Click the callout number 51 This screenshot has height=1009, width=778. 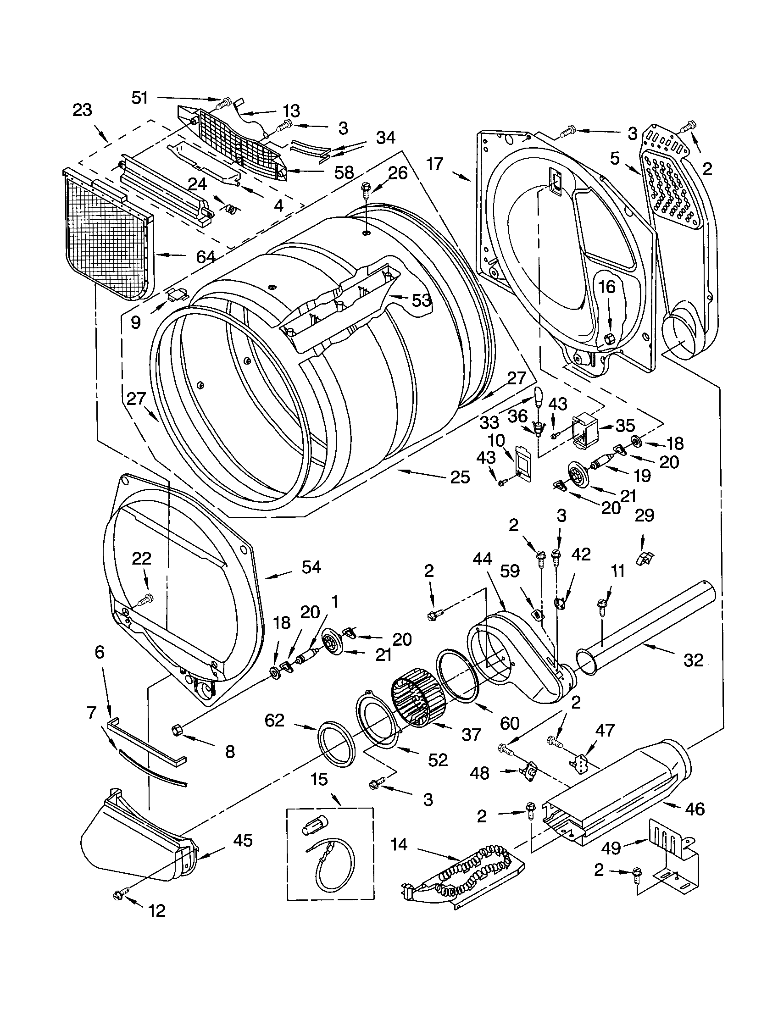click(139, 98)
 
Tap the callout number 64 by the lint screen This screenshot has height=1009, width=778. click(205, 256)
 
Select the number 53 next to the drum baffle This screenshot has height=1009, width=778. click(421, 301)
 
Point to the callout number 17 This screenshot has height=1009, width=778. click(435, 164)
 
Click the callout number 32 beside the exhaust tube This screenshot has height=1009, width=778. click(693, 660)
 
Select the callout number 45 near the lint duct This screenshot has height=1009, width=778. click(243, 840)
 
